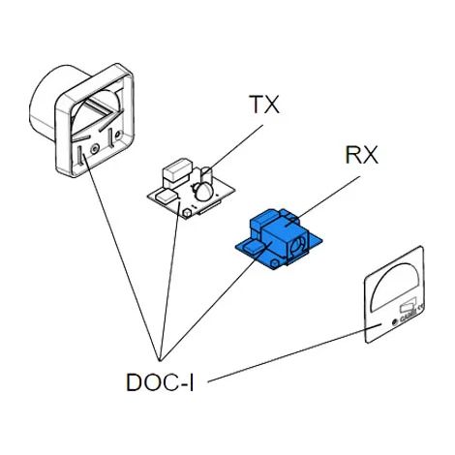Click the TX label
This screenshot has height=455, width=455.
click(264, 105)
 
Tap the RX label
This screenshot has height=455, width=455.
click(361, 155)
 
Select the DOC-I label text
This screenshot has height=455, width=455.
click(160, 382)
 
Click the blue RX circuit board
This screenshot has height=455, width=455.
click(279, 239)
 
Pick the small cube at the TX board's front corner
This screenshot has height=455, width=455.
click(187, 213)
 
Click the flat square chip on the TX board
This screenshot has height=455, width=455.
click(167, 197)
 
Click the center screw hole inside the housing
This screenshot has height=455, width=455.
click(94, 149)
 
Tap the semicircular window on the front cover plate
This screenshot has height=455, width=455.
click(396, 287)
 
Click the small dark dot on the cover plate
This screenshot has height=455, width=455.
click(394, 322)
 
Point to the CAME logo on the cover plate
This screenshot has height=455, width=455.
click(408, 317)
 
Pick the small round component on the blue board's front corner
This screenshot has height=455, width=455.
click(275, 262)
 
